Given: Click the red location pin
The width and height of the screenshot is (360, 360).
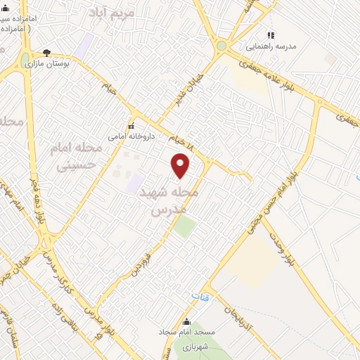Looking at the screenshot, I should [x=181, y=165].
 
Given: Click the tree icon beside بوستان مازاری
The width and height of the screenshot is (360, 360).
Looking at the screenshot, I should [x=46, y=52].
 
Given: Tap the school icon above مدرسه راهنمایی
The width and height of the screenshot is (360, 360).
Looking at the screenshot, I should [x=270, y=34].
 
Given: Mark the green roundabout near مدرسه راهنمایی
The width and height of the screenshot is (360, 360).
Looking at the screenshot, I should [x=221, y=46].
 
